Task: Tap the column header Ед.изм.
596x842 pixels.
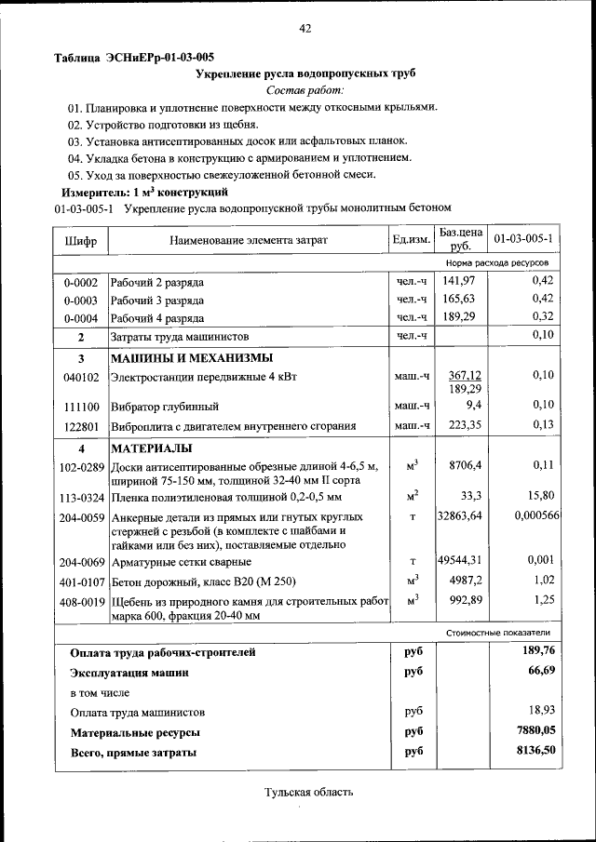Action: pos(411,240)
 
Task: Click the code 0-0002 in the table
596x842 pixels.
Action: pos(80,282)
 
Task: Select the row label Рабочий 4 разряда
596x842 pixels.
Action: pos(157,318)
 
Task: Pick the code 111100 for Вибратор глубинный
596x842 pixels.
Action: pos(80,407)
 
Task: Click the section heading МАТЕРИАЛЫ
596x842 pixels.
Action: pos(151,448)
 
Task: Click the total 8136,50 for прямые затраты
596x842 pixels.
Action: pos(535,750)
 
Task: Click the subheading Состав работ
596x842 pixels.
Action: pos(304,89)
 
